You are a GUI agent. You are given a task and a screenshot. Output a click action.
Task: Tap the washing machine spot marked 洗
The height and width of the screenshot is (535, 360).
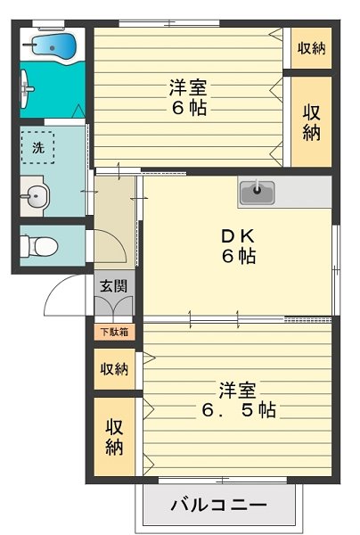click(x=38, y=149)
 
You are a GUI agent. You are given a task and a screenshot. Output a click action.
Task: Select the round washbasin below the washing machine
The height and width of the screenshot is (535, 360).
click(x=37, y=197)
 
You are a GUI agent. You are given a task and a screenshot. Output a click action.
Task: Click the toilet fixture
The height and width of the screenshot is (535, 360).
click(x=39, y=245)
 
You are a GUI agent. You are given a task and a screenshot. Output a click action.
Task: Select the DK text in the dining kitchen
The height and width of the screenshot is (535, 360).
click(x=238, y=236)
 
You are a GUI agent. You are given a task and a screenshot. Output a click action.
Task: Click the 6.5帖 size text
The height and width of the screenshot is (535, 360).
click(x=238, y=410)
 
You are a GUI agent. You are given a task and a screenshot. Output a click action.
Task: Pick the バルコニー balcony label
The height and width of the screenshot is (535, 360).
click(x=218, y=506)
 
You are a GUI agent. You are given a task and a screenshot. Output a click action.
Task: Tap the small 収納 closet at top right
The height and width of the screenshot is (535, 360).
click(x=310, y=48)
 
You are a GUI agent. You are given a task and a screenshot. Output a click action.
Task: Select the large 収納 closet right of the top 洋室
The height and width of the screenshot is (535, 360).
click(x=311, y=121)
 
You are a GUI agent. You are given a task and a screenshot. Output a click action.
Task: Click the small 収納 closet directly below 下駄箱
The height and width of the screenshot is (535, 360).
click(x=114, y=368)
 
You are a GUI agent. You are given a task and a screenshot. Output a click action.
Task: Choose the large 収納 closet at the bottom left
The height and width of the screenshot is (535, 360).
click(x=114, y=437)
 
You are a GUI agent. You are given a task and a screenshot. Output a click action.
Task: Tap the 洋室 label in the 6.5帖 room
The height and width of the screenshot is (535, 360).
click(x=238, y=390)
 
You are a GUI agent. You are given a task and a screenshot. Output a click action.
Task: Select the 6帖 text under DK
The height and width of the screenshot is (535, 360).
click(x=238, y=257)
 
